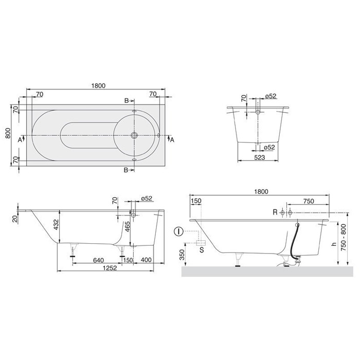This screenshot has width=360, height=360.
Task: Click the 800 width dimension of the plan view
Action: click(8, 134)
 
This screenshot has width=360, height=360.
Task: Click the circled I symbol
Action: click(178, 231)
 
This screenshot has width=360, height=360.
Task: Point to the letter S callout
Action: click(201, 250)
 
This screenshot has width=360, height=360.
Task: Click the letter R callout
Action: click(275, 212)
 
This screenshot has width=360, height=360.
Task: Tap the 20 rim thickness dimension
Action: click(15, 219)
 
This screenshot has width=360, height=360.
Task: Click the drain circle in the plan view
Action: click(134, 136)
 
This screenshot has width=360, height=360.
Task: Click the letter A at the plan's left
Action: click(20, 139)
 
